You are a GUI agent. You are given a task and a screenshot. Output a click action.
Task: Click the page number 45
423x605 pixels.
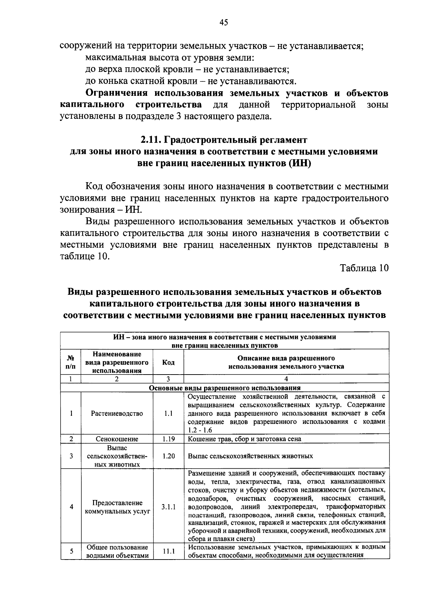point(224,23)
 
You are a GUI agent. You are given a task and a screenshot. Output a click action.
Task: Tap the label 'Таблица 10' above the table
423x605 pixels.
point(364,268)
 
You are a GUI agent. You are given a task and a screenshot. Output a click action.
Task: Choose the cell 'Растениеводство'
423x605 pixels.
point(117,414)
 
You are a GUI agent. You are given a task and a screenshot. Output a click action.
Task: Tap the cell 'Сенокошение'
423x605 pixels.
point(117,439)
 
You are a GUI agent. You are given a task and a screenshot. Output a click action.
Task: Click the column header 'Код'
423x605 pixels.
point(168,363)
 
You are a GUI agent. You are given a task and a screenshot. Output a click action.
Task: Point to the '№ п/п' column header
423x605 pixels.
point(71,362)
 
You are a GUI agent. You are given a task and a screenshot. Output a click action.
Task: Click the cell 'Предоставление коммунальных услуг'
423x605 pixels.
point(117,507)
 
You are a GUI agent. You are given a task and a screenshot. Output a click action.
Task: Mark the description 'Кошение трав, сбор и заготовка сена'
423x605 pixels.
point(244,439)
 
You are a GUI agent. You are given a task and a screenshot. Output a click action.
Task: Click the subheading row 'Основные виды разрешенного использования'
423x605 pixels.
point(225,388)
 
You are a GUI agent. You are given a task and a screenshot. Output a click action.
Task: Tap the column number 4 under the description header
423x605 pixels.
point(286,379)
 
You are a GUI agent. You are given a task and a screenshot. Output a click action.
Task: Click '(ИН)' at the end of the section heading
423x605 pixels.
point(299,163)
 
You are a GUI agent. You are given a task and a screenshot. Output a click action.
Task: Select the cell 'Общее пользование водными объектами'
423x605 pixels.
point(117,551)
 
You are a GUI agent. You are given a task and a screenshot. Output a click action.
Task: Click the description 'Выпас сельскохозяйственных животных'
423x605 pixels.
point(250,456)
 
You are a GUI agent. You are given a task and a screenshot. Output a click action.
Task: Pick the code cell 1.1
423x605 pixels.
point(168,414)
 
